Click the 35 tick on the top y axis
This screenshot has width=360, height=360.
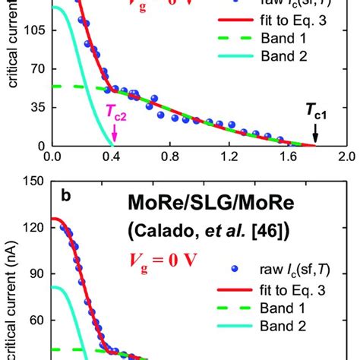pos(36,107)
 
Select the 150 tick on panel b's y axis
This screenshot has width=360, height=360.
pos(33,181)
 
